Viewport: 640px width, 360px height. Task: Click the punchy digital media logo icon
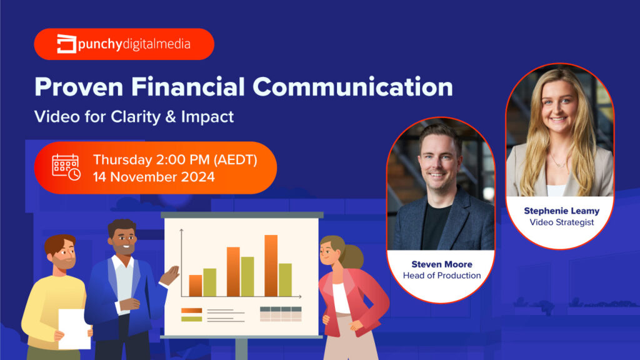(x=67, y=44)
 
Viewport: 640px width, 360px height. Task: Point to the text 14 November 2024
(x=154, y=177)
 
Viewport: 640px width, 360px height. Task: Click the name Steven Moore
(x=441, y=264)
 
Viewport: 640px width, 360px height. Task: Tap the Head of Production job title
(x=441, y=276)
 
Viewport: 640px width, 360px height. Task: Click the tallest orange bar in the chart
(x=271, y=265)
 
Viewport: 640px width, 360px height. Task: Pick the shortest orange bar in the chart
(x=196, y=285)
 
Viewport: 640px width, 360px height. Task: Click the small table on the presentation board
(x=281, y=314)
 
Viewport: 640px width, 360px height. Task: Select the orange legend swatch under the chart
(x=191, y=310)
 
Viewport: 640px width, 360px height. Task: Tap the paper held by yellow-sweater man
(x=74, y=328)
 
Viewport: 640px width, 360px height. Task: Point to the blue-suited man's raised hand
(x=171, y=274)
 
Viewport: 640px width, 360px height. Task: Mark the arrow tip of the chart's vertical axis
(x=182, y=230)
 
